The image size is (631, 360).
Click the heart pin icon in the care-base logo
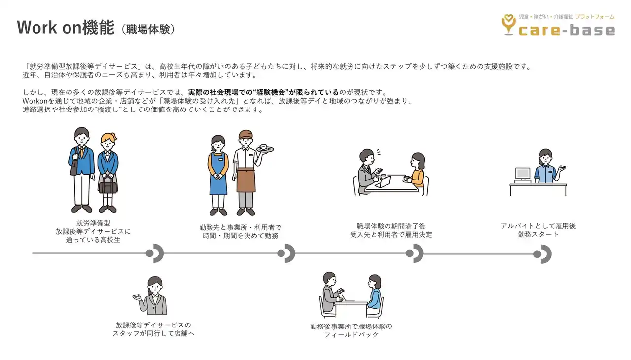click(x=508, y=25)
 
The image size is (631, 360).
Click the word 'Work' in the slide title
click(x=37, y=28)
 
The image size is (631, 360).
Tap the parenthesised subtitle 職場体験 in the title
click(x=148, y=29)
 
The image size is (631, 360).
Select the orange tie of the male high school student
click(x=82, y=152)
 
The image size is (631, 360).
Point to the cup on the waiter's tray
click(x=263, y=147)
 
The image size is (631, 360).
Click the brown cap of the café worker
click(x=245, y=134)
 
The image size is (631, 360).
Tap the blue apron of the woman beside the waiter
click(x=218, y=174)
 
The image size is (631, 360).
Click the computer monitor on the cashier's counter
click(x=523, y=174)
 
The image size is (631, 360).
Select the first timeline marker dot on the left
click(x=149, y=253)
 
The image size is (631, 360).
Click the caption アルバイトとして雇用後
click(x=538, y=226)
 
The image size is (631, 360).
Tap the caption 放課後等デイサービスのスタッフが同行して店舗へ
click(x=153, y=329)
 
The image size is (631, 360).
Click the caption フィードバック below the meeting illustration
click(x=351, y=335)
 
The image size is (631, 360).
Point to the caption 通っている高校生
click(x=93, y=240)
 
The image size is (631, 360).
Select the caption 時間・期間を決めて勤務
click(x=241, y=236)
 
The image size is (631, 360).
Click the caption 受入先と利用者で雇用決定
click(x=391, y=235)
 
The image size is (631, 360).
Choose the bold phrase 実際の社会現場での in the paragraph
click(x=220, y=92)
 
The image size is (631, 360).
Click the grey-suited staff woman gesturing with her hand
click(x=150, y=295)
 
